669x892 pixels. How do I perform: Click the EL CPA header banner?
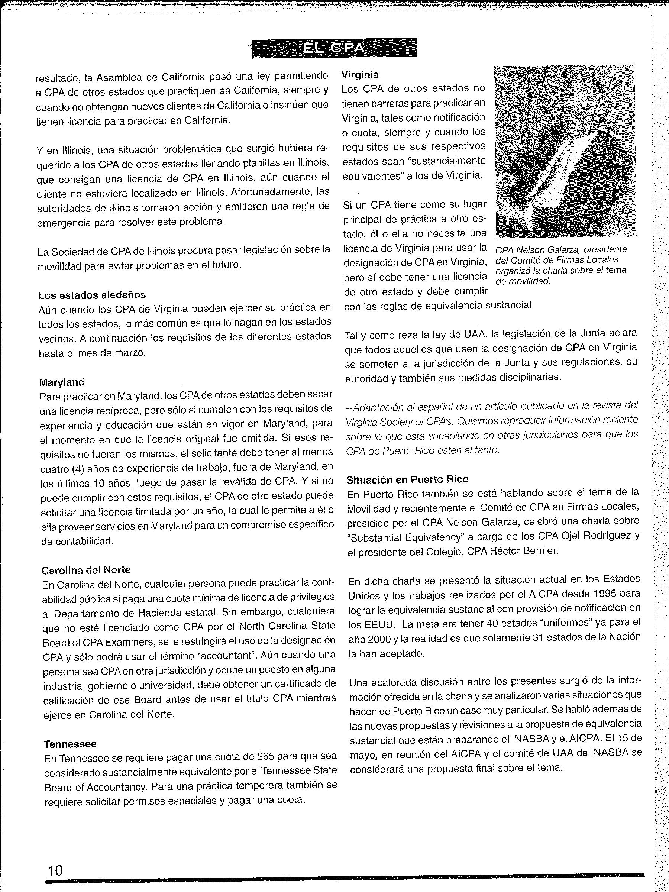click(334, 48)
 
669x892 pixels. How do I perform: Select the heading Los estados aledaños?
click(92, 295)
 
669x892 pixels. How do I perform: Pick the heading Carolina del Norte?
click(86, 570)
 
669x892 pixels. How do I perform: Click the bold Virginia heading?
click(360, 75)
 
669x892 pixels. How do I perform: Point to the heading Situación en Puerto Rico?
click(407, 479)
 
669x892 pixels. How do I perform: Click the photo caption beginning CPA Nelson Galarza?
click(561, 265)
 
